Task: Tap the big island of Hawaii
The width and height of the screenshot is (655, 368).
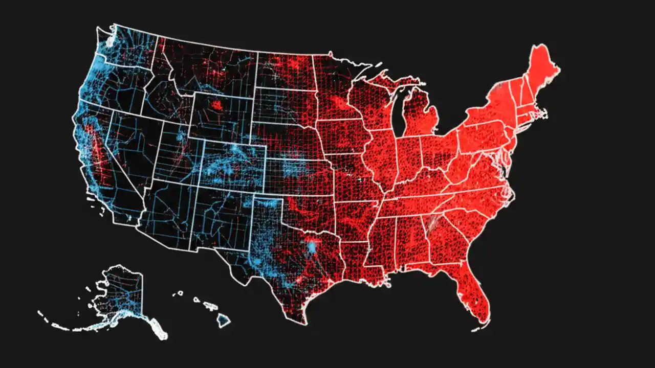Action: pos(223,320)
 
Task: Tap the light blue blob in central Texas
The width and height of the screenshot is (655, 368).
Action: pos(311,248)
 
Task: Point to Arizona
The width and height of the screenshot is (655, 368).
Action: pos(166,215)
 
